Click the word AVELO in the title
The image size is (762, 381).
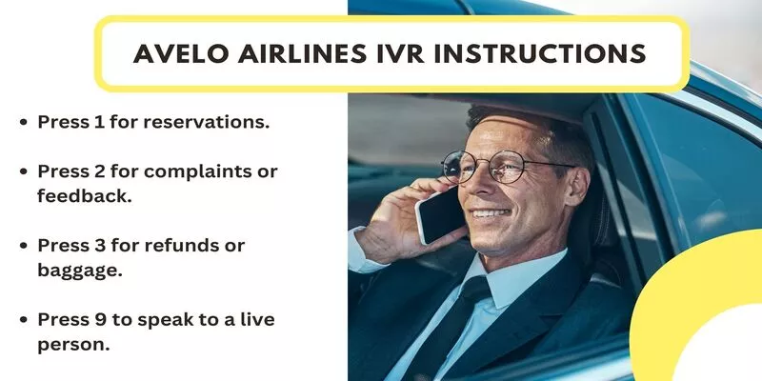181,53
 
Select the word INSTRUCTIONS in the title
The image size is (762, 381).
539,53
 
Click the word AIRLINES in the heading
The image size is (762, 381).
302,53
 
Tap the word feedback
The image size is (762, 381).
85,196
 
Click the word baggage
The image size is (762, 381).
80,271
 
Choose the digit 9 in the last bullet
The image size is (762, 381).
100,319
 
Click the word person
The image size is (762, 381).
73,345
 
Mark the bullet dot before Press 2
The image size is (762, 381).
23,171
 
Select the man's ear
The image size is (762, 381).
578,188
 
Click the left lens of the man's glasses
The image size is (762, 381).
455,167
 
